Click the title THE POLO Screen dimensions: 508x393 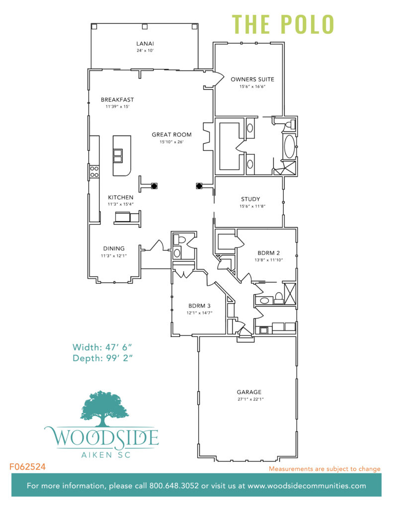pos(283,24)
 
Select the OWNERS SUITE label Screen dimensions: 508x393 pos(252,79)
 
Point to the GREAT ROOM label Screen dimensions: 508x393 pos(172,134)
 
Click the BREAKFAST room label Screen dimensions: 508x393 pos(117,100)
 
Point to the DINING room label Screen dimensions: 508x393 pos(114,249)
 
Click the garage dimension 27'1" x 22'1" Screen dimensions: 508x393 pos(249,399)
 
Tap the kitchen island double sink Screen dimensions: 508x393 pos(118,156)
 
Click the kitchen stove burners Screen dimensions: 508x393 pos(93,172)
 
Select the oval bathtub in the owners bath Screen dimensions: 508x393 pos(289,147)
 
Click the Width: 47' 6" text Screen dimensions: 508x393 pos(105,347)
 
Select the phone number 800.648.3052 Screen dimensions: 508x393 pos(173,486)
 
